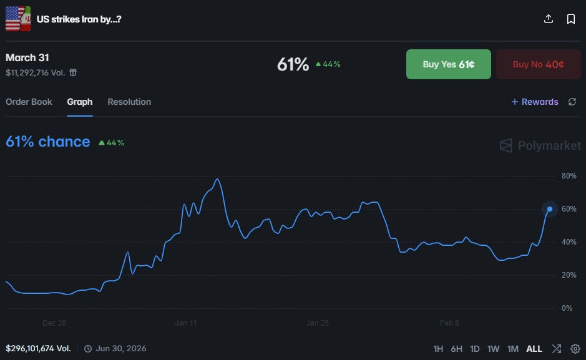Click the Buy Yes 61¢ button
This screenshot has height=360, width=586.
pyautogui.click(x=449, y=64)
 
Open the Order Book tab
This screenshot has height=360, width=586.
pyautogui.click(x=29, y=102)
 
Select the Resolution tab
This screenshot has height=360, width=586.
pyautogui.click(x=129, y=102)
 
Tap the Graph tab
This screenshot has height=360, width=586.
pyautogui.click(x=80, y=102)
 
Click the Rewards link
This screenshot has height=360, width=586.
pyautogui.click(x=535, y=102)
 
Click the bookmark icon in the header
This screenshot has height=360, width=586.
pyautogui.click(x=570, y=19)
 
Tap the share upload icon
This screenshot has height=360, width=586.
pyautogui.click(x=549, y=19)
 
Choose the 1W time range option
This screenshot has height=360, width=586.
pyautogui.click(x=493, y=349)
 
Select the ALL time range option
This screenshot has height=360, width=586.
pyautogui.click(x=534, y=349)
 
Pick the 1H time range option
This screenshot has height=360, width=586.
pyautogui.click(x=438, y=349)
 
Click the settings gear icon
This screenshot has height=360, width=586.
pyautogui.click(x=575, y=349)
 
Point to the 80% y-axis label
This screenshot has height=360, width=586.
pyautogui.click(x=569, y=176)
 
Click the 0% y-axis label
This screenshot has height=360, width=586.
pyautogui.click(x=567, y=308)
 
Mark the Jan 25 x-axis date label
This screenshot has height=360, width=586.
pyautogui.click(x=317, y=323)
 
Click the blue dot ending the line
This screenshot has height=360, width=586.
pyautogui.click(x=550, y=209)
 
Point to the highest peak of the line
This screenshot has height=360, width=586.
pyautogui.click(x=217, y=179)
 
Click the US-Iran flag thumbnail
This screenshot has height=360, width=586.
pyautogui.click(x=18, y=19)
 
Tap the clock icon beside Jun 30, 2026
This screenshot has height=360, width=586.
pyautogui.click(x=88, y=349)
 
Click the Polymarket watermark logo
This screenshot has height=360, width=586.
pyautogui.click(x=540, y=145)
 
